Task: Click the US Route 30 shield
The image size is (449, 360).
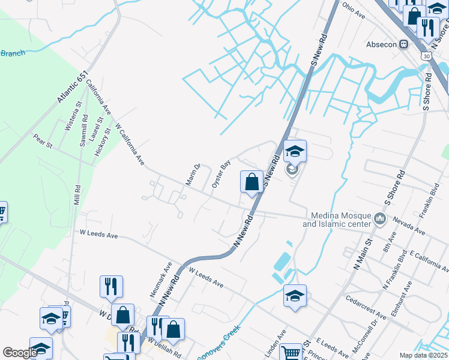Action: point(426,56)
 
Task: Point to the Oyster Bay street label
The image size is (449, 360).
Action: point(221,175)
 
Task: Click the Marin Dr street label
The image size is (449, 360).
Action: point(193,175)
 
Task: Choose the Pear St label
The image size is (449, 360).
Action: point(43,141)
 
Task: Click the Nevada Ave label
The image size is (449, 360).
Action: point(409,226)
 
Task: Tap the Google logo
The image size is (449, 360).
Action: point(19,353)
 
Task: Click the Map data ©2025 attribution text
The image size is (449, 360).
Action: point(424,355)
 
